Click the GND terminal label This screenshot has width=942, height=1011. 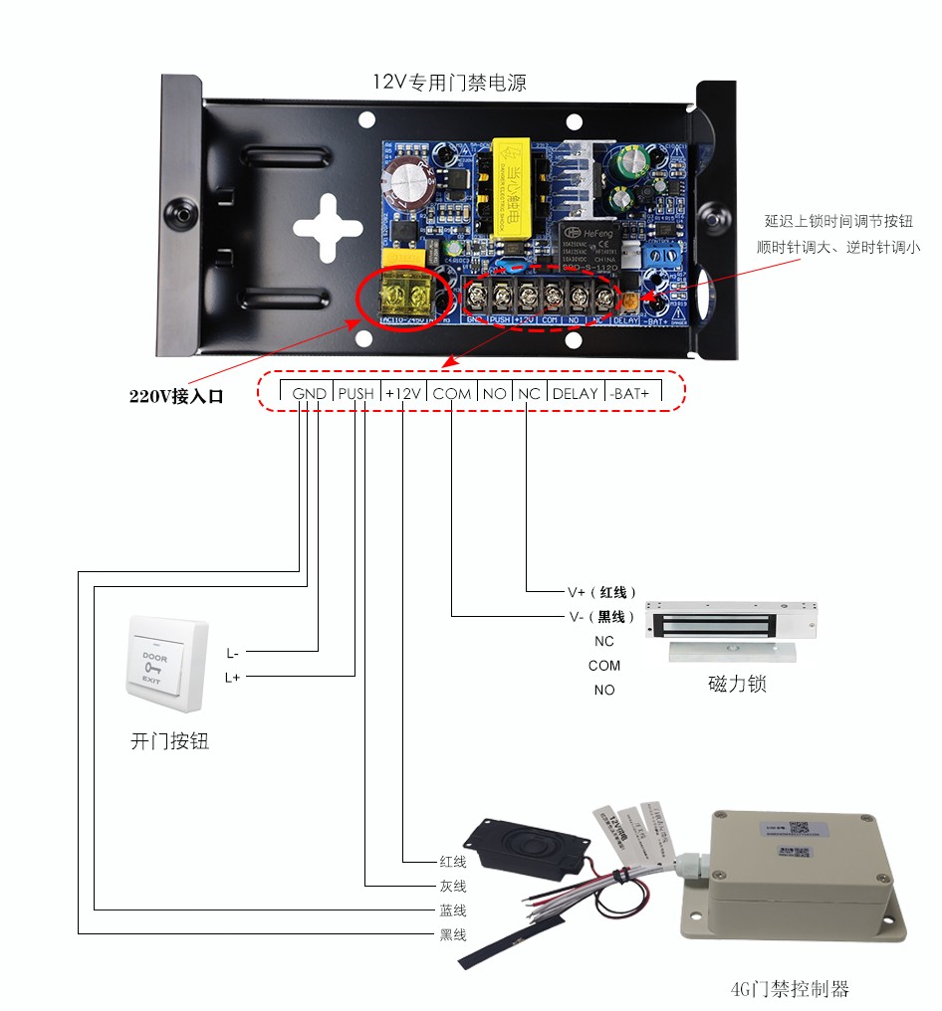pyautogui.click(x=310, y=394)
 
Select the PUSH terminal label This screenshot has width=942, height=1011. pyautogui.click(x=355, y=394)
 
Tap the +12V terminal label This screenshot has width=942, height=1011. pyautogui.click(x=404, y=394)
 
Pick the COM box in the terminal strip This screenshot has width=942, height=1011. pyautogui.click(x=452, y=394)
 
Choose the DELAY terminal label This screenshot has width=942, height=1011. pyautogui.click(x=575, y=394)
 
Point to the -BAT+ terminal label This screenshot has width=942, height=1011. pyautogui.click(x=629, y=394)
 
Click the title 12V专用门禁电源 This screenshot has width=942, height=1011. pyautogui.click(x=449, y=84)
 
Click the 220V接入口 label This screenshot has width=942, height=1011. pyautogui.click(x=176, y=396)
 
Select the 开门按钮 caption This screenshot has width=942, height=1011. pyautogui.click(x=170, y=741)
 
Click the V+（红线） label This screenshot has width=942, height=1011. pyautogui.click(x=601, y=592)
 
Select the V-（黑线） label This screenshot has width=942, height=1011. pyautogui.click(x=601, y=616)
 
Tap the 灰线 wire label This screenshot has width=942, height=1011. pyautogui.click(x=453, y=886)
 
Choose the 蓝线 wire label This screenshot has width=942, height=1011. pyautogui.click(x=453, y=910)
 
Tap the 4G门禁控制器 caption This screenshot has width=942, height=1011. pyautogui.click(x=790, y=989)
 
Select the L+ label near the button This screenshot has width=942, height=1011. pyautogui.click(x=232, y=678)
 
